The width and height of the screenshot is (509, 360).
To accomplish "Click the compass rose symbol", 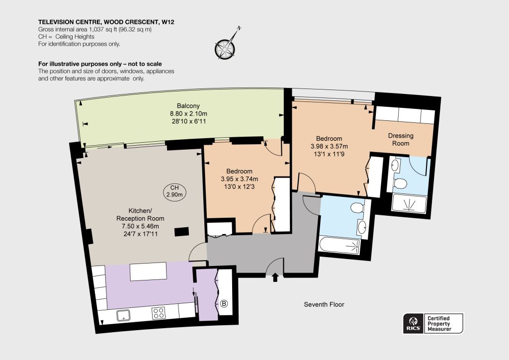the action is (x=225, y=48).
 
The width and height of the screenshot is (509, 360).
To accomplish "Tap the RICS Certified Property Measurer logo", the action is (x=433, y=323).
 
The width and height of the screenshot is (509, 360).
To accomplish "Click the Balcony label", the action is (x=188, y=106).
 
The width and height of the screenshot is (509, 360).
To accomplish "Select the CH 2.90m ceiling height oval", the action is (x=174, y=191).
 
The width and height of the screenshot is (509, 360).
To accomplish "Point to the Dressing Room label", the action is (x=401, y=140).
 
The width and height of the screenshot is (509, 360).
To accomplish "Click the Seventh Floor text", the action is (x=324, y=304).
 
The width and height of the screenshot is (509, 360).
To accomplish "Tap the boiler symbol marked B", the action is (x=224, y=304).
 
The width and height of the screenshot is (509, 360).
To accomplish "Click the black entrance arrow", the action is (x=275, y=277).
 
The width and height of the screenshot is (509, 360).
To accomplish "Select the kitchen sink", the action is (x=123, y=315).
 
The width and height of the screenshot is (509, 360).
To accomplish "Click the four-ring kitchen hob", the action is (x=159, y=313).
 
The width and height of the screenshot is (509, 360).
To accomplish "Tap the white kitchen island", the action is (x=148, y=271).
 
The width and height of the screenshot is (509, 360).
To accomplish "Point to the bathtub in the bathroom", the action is (x=339, y=246).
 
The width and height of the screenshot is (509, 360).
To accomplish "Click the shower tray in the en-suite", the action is (x=409, y=203).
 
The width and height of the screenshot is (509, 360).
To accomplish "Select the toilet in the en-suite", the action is (x=399, y=183).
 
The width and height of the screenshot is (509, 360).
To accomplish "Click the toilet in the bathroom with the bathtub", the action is (x=357, y=207).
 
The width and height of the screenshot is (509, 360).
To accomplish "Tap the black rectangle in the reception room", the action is (x=182, y=232).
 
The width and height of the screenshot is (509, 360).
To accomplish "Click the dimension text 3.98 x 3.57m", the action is (x=329, y=146).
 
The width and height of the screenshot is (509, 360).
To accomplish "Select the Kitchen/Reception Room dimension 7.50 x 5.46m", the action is (x=140, y=226).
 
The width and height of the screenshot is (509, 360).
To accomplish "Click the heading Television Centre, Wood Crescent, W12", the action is (x=106, y=22).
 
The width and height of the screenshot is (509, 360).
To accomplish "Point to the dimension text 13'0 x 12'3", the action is (x=240, y=186).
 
